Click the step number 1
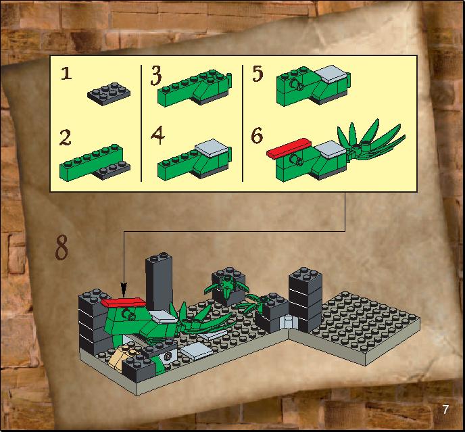(x=66, y=73)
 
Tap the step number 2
(x=66, y=137)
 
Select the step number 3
(x=156, y=76)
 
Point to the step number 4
(x=157, y=136)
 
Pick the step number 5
(x=258, y=74)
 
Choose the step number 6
(x=257, y=135)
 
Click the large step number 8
(x=62, y=247)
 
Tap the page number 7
(x=445, y=410)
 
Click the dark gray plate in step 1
(x=109, y=94)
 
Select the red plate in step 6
(x=288, y=148)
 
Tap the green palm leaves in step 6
(x=370, y=139)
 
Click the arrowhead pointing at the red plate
(x=124, y=289)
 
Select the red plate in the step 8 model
(x=124, y=302)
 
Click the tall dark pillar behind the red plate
(x=159, y=282)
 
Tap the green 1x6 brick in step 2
(x=91, y=162)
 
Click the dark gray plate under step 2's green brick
(x=112, y=171)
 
